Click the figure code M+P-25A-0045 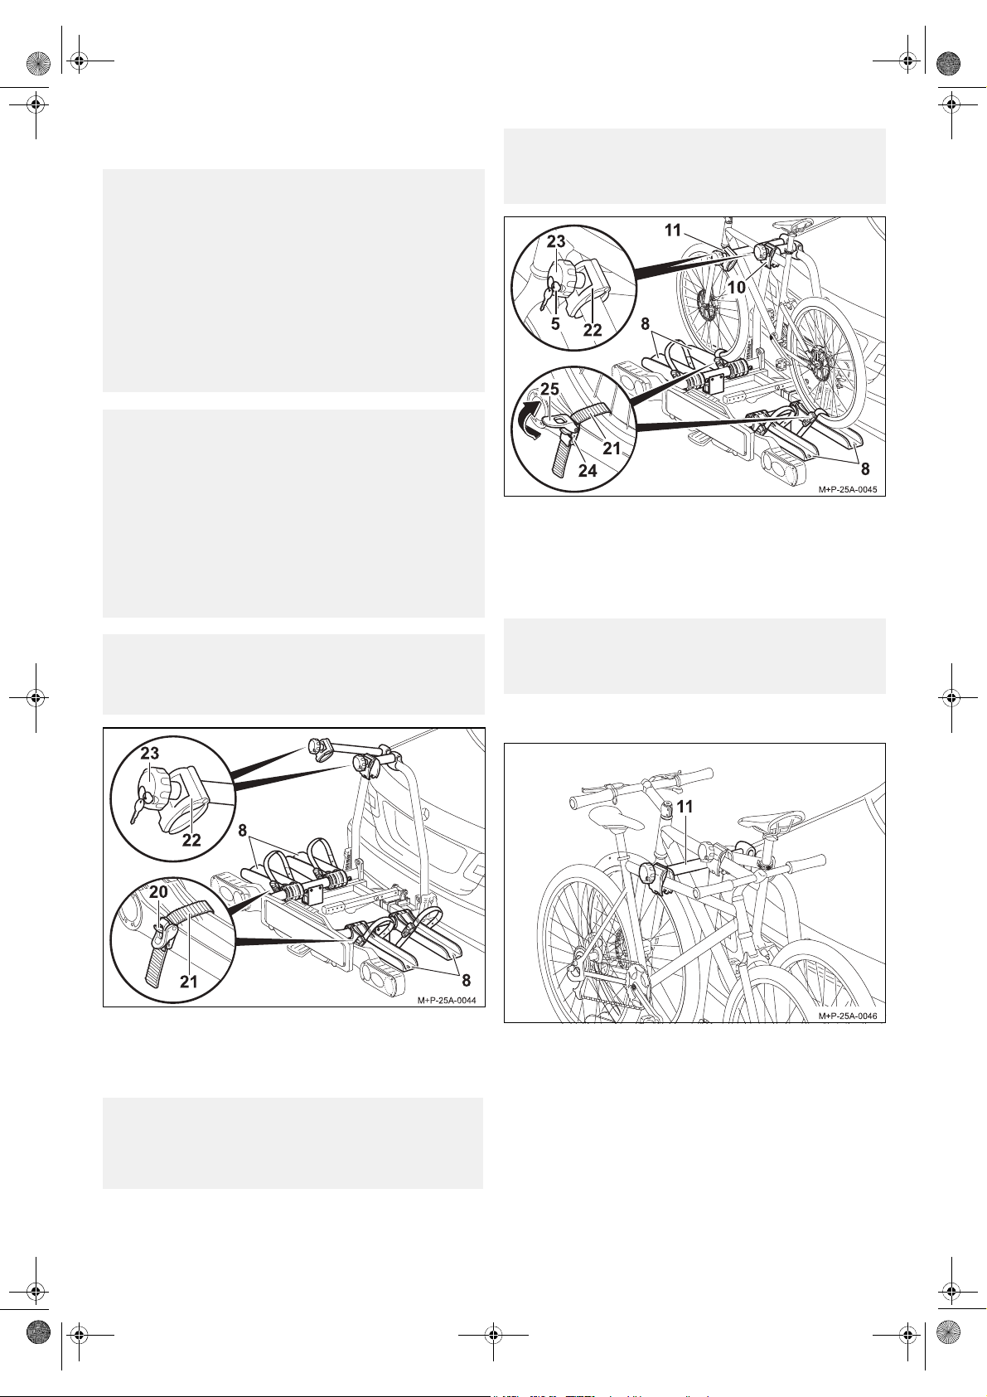point(848,490)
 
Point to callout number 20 point(158,892)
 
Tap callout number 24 point(588,471)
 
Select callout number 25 point(549,389)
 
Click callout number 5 point(555,324)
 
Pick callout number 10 point(737,289)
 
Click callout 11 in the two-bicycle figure point(685,807)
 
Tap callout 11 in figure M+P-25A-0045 point(673,230)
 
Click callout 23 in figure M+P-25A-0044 point(150,754)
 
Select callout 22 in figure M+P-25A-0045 point(593,330)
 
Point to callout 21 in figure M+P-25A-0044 point(189,982)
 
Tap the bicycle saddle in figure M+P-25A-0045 point(792,225)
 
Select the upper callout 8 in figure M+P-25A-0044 point(243,831)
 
